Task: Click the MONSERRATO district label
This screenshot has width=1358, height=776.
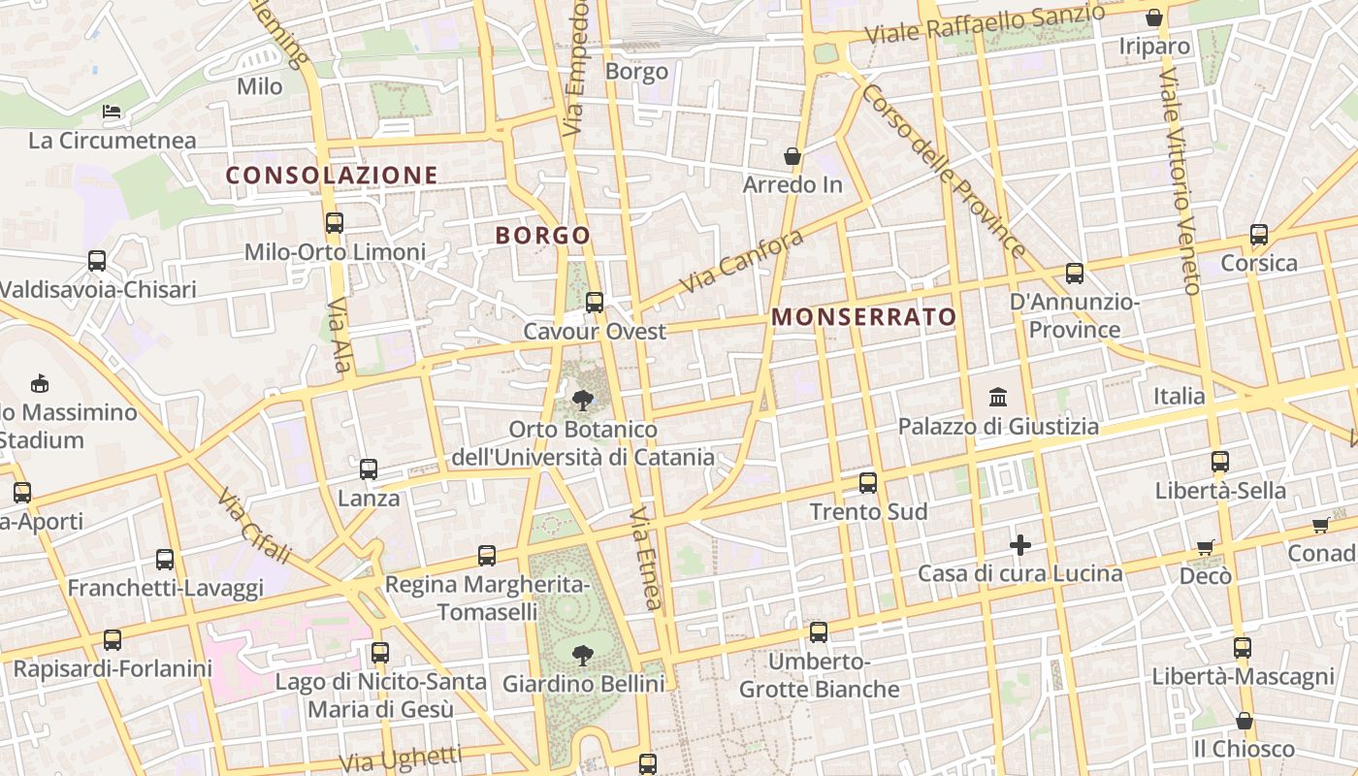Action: click(863, 317)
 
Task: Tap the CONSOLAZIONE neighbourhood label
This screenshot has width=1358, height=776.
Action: click(332, 176)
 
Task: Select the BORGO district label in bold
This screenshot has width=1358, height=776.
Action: click(542, 236)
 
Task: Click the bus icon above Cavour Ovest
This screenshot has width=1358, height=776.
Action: click(595, 303)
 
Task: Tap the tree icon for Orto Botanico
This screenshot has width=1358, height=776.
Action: click(583, 400)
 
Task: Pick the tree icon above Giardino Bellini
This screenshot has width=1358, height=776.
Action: click(583, 656)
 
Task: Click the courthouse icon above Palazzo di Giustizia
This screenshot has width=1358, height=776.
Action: click(998, 397)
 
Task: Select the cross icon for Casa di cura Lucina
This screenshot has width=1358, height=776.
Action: click(1019, 545)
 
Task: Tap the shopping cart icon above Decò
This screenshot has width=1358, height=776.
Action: click(1206, 548)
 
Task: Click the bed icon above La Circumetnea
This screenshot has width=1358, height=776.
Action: click(113, 112)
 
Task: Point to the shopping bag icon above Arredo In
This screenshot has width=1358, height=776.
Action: click(792, 156)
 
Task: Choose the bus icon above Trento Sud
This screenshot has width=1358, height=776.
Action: click(868, 482)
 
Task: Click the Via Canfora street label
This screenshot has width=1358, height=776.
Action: click(742, 262)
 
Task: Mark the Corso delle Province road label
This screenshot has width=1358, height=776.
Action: click(942, 171)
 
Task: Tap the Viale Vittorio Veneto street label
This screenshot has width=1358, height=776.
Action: click(1179, 180)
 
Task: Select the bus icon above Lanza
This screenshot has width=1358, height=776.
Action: click(369, 469)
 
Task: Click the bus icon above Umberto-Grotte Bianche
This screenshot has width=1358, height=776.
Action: click(819, 632)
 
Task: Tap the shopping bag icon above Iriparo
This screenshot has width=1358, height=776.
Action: click(1154, 17)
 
